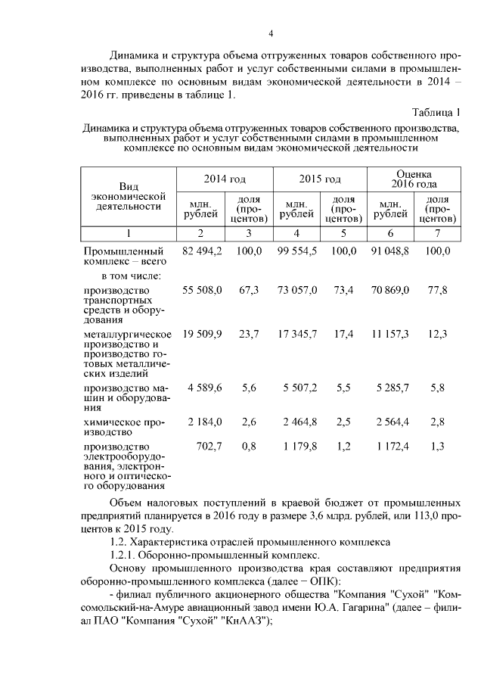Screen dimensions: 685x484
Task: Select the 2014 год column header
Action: [225, 179]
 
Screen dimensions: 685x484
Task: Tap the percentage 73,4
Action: [343, 290]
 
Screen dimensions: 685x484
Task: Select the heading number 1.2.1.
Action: [124, 555]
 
